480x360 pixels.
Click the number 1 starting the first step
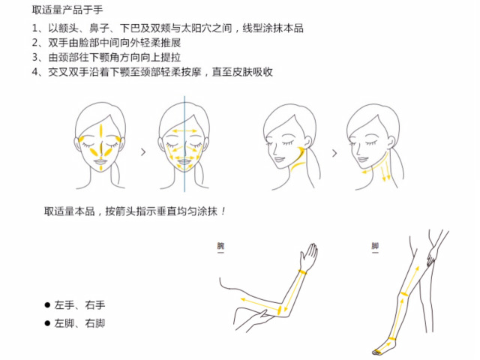(35, 28)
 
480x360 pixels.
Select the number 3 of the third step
(35, 57)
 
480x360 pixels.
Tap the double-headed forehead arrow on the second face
(184, 131)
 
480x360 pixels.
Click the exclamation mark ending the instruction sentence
(223, 212)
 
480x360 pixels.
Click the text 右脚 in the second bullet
(94, 324)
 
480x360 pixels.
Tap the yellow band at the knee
(404, 294)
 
